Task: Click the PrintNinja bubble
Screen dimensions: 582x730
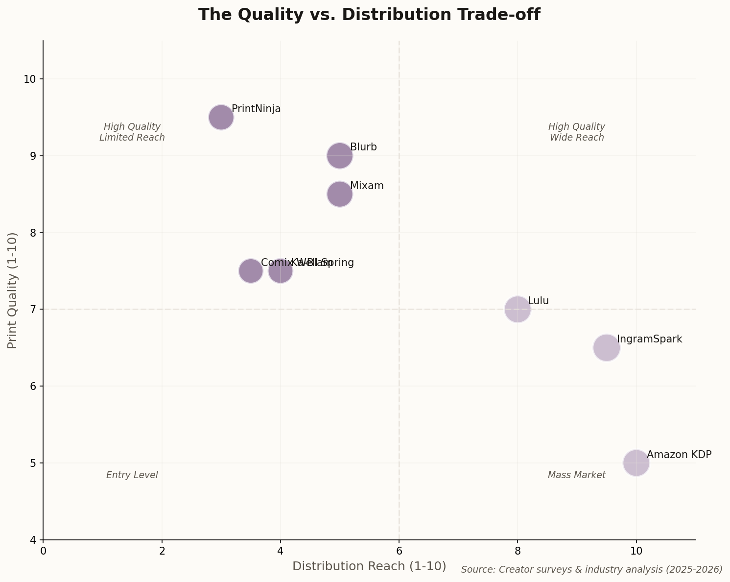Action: tap(221, 117)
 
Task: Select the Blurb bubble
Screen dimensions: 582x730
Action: tap(339, 156)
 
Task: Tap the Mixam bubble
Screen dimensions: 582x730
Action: tap(339, 194)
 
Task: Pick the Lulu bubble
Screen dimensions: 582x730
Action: tap(517, 309)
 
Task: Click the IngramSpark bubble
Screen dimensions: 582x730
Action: tap(606, 348)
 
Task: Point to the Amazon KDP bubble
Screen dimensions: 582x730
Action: tap(636, 462)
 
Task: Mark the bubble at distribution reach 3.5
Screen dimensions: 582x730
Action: tap(251, 271)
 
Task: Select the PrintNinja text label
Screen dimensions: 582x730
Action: tap(256, 109)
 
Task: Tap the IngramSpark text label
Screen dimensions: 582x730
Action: tap(649, 339)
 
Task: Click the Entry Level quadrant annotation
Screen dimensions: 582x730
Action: tap(132, 475)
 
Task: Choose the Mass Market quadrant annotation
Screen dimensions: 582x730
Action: tap(576, 475)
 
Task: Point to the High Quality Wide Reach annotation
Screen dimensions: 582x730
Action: tap(576, 132)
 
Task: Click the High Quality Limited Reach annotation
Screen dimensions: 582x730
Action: tap(132, 132)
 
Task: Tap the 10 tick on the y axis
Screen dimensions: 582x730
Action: tap(30, 79)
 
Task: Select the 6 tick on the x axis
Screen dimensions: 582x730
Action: tap(399, 551)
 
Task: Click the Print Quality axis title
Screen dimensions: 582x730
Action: tap(13, 290)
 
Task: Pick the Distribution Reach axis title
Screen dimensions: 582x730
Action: tap(369, 566)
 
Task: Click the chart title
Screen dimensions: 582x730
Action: tap(369, 15)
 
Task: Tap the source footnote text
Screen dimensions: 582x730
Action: tap(591, 569)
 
